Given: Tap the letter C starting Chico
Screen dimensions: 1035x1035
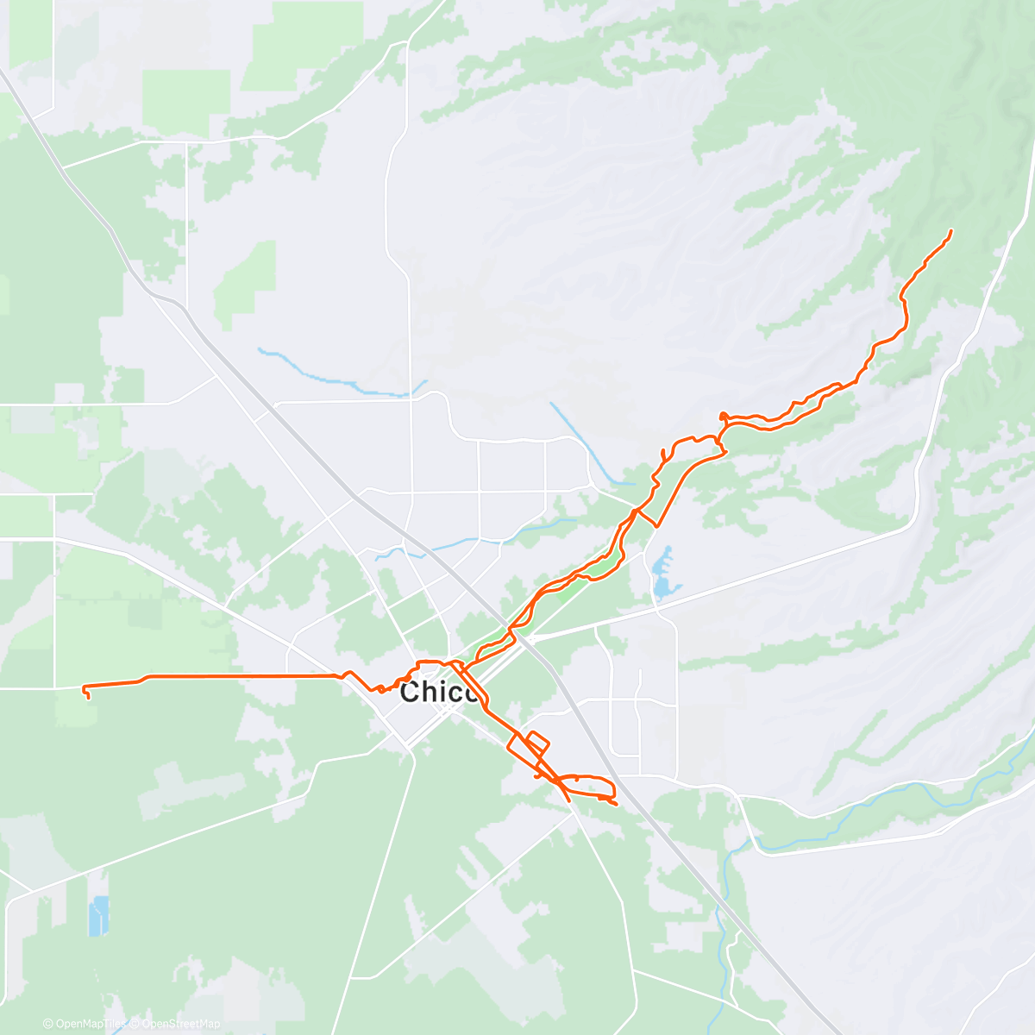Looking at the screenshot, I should [x=411, y=692].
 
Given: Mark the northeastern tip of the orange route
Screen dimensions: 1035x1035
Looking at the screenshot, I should [x=950, y=230].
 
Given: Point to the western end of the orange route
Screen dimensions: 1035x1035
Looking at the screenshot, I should [x=84, y=688].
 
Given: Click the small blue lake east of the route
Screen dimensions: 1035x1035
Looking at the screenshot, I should [x=662, y=573].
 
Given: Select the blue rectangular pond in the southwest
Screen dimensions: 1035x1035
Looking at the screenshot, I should [x=98, y=915].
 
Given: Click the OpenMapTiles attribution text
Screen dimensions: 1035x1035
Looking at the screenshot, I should [x=90, y=1024].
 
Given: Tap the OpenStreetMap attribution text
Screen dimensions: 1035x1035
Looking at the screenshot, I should [x=180, y=1024].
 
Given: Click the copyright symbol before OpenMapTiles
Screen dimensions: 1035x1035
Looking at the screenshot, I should [x=47, y=1024].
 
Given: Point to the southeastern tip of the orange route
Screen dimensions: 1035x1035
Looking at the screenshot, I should [x=616, y=805].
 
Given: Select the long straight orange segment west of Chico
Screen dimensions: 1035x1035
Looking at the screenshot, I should [x=241, y=675].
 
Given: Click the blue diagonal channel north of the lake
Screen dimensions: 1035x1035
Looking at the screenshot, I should [x=586, y=444].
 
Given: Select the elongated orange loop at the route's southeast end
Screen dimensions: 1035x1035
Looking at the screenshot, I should [x=586, y=786].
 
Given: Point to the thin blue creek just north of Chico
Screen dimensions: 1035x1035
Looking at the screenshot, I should [x=466, y=543].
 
